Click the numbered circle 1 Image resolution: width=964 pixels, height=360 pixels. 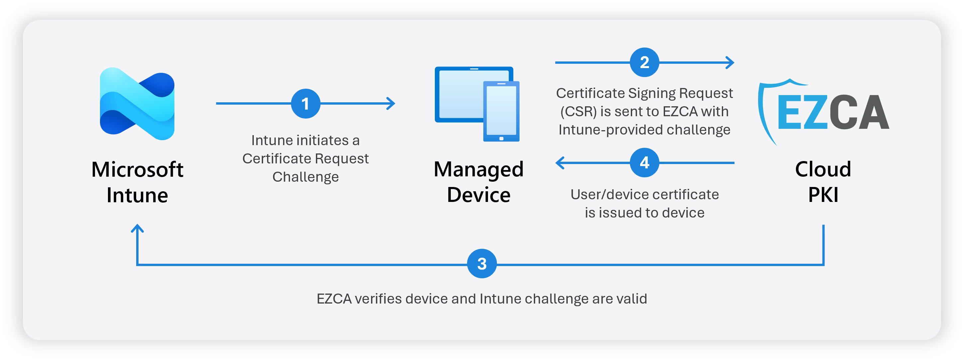point(305,104)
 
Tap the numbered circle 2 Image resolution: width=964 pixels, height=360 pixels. point(644,62)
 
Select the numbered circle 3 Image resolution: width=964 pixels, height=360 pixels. point(482,264)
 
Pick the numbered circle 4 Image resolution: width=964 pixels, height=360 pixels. point(644,163)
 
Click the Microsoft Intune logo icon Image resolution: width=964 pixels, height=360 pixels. point(137,104)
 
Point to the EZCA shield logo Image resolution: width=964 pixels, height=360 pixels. point(823,112)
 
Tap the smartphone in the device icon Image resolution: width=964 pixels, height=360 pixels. point(501,112)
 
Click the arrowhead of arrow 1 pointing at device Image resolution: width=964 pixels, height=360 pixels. point(391,104)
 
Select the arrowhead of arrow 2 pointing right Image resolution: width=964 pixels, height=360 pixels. point(730,62)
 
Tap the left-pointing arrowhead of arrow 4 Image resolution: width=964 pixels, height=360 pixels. point(559,163)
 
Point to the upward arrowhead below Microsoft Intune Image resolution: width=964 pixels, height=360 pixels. point(137,228)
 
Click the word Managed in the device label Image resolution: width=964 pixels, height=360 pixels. point(478,169)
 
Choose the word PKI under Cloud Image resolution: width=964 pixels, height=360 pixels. point(823,195)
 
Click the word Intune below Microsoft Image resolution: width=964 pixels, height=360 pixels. point(137,195)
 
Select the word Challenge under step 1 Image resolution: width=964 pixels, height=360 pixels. point(305,177)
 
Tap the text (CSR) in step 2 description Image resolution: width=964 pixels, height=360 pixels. point(578,112)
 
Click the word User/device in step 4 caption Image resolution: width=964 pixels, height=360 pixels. point(606,195)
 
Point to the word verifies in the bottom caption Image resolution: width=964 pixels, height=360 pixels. point(378,299)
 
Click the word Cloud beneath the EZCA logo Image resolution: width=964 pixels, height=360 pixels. point(823,169)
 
